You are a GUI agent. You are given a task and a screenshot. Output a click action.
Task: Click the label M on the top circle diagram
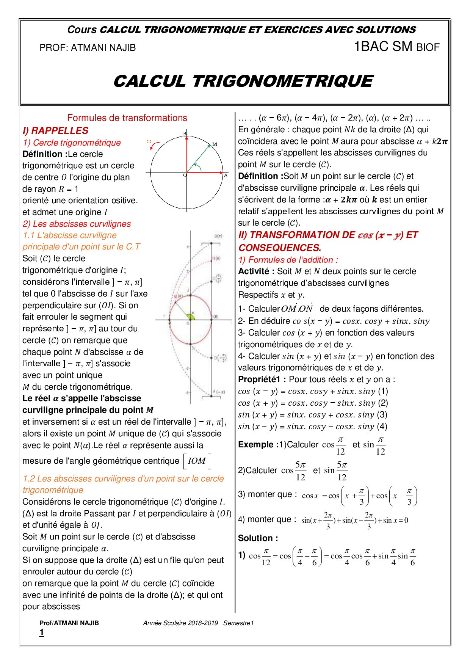(x=215, y=144)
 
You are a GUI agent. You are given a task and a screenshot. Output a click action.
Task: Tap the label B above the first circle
(x=185, y=133)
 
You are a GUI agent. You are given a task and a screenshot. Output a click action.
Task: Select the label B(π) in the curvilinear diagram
(x=218, y=236)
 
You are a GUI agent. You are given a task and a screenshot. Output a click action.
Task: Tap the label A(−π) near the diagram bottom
(x=219, y=392)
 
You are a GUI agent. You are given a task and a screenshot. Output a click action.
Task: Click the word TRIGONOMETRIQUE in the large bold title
(x=282, y=81)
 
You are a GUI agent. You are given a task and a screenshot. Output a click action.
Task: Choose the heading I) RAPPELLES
(x=55, y=130)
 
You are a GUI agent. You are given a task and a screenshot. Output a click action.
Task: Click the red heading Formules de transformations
(x=127, y=118)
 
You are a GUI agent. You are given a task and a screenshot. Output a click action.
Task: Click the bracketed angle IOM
(x=197, y=461)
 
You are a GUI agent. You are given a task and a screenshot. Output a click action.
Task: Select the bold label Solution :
(x=258, y=538)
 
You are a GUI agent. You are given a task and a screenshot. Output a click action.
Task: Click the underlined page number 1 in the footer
(x=42, y=632)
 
